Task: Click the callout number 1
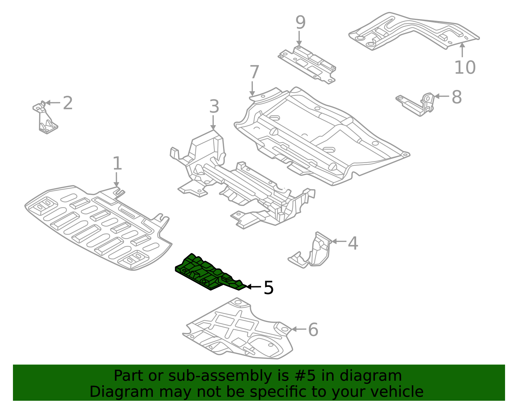(x=117, y=164)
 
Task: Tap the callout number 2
(x=68, y=103)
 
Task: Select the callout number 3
(x=214, y=107)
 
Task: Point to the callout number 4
(x=353, y=243)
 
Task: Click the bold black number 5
(x=269, y=288)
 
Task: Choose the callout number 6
(x=313, y=330)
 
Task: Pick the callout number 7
(x=254, y=72)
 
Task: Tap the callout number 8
(x=456, y=97)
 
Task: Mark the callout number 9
(x=300, y=23)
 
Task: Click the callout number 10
(x=465, y=68)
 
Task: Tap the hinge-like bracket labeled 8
(x=418, y=104)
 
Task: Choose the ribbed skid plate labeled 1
(x=97, y=226)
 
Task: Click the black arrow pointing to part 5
(x=254, y=287)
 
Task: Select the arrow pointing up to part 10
(x=462, y=50)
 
